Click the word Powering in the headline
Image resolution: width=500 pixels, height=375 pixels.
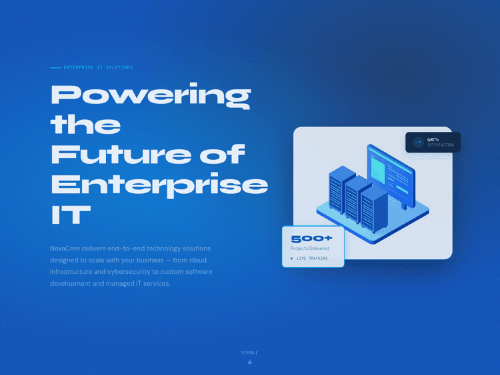150,95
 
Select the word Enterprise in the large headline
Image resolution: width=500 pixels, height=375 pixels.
159,185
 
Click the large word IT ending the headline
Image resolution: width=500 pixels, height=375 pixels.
70,214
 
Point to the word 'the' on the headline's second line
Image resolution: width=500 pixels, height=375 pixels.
85,125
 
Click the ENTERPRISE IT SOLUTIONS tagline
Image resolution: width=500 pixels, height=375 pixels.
98,67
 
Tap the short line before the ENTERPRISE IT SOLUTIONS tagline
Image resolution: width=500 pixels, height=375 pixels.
55,67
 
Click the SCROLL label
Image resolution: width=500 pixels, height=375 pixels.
249,352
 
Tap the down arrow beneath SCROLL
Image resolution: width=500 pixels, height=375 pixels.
249,362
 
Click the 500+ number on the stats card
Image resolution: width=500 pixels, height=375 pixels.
311,238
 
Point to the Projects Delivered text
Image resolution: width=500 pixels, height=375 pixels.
309,248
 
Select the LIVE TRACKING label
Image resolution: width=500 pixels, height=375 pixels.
312,258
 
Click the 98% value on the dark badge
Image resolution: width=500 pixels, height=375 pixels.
433,139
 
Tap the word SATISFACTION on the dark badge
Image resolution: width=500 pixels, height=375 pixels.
440,145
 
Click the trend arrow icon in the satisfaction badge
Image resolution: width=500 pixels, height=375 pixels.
418,142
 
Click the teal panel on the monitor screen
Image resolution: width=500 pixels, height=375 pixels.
377,167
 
